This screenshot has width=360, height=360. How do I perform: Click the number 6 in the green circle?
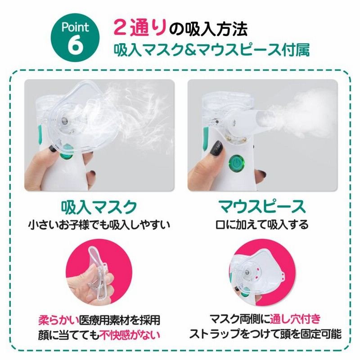(75, 45)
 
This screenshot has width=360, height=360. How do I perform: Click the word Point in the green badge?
(75, 27)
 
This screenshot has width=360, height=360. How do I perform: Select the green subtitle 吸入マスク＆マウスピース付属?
(211, 49)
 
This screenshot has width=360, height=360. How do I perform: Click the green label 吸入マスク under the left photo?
(99, 207)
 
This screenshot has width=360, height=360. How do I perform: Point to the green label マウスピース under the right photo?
(262, 207)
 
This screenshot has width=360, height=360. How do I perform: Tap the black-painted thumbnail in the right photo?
(216, 149)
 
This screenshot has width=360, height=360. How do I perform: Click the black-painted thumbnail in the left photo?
(52, 148)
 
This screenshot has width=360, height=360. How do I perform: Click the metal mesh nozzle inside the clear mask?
(64, 120)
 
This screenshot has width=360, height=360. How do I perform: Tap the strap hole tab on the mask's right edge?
(282, 274)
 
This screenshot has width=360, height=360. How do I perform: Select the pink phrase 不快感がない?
(130, 335)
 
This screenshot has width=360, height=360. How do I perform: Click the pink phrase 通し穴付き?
(295, 319)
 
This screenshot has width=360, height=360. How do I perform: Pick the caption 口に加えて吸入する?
(262, 225)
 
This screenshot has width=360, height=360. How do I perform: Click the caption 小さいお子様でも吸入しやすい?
(99, 225)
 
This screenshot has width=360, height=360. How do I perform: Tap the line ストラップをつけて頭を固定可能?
(265, 333)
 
